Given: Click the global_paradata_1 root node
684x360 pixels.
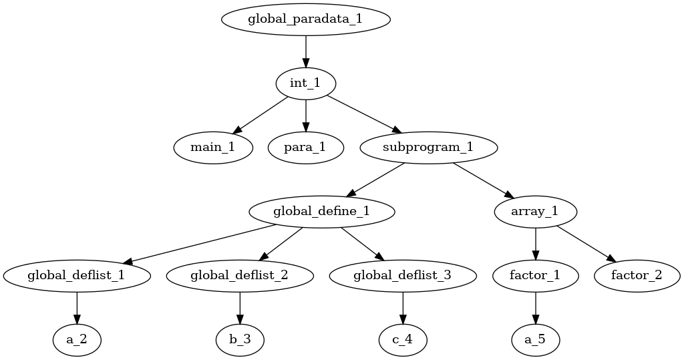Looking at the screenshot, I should (305, 19).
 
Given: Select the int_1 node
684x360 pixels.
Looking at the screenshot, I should (305, 83).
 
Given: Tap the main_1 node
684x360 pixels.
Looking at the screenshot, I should (213, 148).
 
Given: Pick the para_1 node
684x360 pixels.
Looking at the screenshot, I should (305, 148).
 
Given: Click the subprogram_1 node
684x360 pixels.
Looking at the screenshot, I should (429, 148).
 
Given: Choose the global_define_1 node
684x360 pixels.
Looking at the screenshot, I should (321, 212).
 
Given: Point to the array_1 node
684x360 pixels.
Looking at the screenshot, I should (535, 212).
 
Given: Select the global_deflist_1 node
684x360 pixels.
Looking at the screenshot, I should (76, 275).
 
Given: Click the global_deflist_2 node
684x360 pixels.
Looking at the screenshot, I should (240, 275).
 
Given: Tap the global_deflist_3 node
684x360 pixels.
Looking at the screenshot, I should (402, 275).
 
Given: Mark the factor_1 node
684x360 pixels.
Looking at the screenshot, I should (535, 275).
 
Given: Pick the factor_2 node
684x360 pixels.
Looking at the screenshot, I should (637, 275).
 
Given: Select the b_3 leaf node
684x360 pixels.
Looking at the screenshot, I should (240, 339).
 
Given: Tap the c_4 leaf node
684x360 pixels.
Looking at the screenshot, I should (402, 339).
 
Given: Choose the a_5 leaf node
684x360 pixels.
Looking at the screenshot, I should (535, 339).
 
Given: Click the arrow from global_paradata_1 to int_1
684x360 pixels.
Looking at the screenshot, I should (305, 51).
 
